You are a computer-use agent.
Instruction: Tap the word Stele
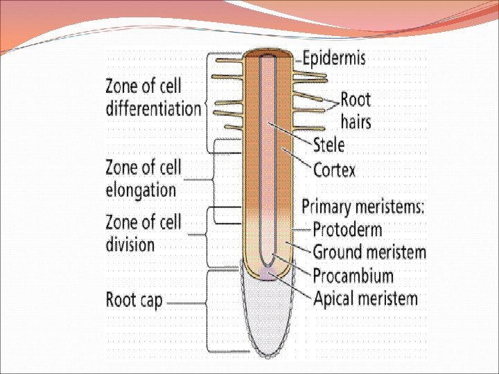coord(329,145)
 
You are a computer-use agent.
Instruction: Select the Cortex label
coord(334,169)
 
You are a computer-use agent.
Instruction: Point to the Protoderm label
coord(347,229)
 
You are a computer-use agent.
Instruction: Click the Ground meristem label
coord(369,252)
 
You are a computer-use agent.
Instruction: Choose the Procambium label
coord(353,276)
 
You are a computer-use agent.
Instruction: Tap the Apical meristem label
coord(365,299)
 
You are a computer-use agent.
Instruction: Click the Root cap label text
coord(134,301)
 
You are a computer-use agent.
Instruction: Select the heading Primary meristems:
coord(363,206)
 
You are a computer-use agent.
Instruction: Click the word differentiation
coord(153,108)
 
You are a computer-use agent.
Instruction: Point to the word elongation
coord(141,189)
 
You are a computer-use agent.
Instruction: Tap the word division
coord(130,244)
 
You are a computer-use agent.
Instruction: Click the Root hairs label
coord(356,111)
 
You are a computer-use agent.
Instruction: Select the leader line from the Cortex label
coord(298,160)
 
